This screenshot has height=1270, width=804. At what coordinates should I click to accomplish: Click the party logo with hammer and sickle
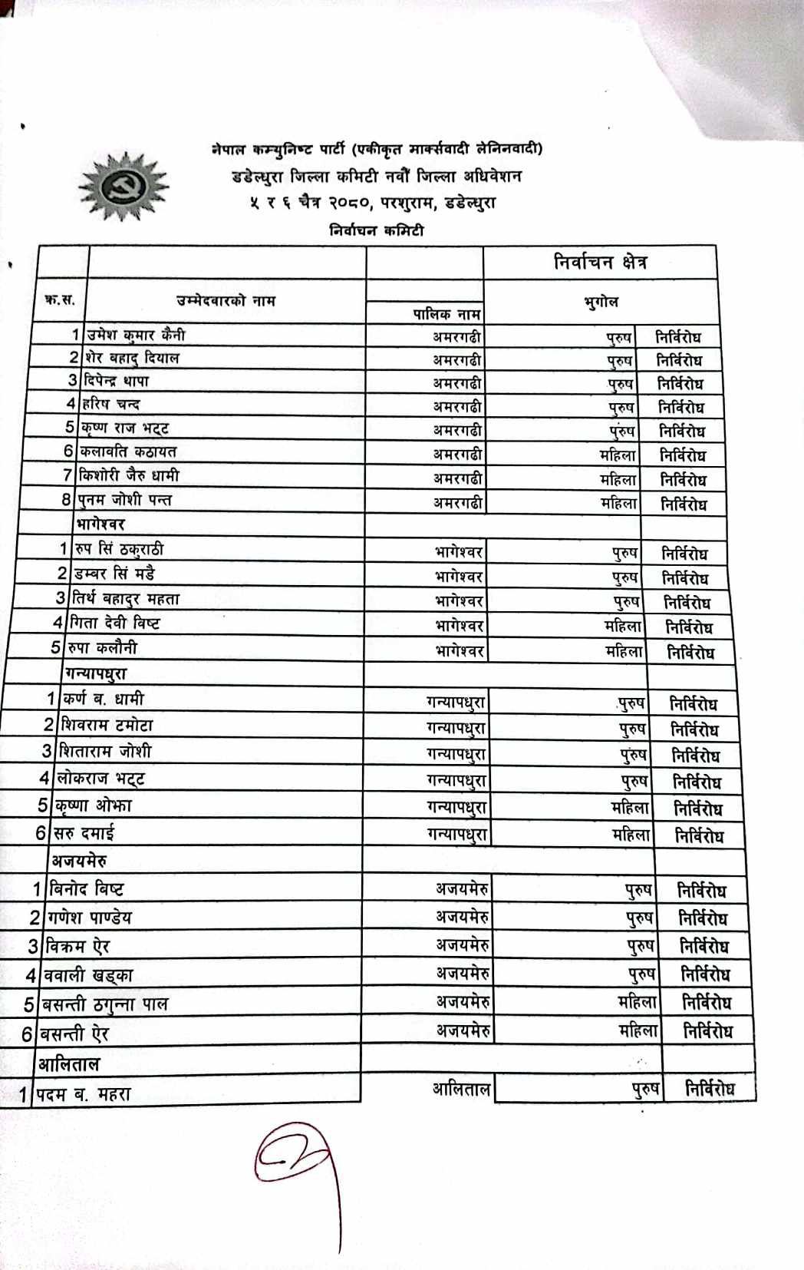124,187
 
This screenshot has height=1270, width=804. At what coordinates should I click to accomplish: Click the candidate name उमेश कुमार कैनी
136,335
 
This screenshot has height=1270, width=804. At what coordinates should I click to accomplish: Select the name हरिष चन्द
112,403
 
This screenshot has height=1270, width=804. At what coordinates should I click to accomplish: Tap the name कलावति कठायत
128,451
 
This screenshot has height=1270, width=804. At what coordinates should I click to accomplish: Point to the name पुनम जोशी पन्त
125,500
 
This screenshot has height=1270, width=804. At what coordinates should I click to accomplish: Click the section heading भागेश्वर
100,524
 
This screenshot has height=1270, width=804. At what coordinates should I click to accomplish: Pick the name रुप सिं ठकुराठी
119,549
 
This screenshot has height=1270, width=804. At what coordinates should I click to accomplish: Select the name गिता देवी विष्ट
116,623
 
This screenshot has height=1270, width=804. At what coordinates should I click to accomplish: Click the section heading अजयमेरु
79,861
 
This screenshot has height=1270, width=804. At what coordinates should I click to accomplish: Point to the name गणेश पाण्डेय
90,918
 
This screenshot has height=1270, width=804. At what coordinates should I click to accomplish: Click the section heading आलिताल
69,1064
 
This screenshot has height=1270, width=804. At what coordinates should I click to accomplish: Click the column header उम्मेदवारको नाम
226,301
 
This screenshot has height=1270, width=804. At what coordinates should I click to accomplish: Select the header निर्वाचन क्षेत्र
600,263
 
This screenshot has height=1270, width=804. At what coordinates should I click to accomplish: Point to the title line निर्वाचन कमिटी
376,230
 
